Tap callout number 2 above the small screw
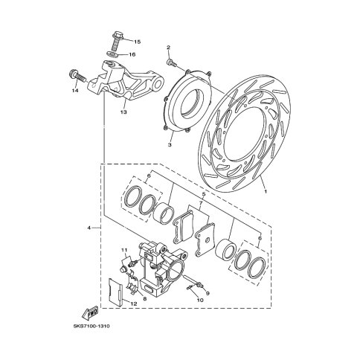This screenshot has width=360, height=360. [x=169, y=48]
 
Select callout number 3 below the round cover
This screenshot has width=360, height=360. [x=169, y=146]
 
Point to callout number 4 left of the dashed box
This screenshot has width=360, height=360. [x=89, y=228]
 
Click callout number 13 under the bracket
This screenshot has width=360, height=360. [x=123, y=113]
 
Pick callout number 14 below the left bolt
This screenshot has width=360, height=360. [x=75, y=91]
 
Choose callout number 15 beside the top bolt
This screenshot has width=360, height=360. [x=136, y=42]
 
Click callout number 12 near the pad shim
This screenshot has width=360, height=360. [x=135, y=303]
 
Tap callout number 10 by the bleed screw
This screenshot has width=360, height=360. [x=199, y=300]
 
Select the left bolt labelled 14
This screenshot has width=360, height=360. [x=74, y=74]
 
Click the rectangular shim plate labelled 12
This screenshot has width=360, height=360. [x=118, y=293]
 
